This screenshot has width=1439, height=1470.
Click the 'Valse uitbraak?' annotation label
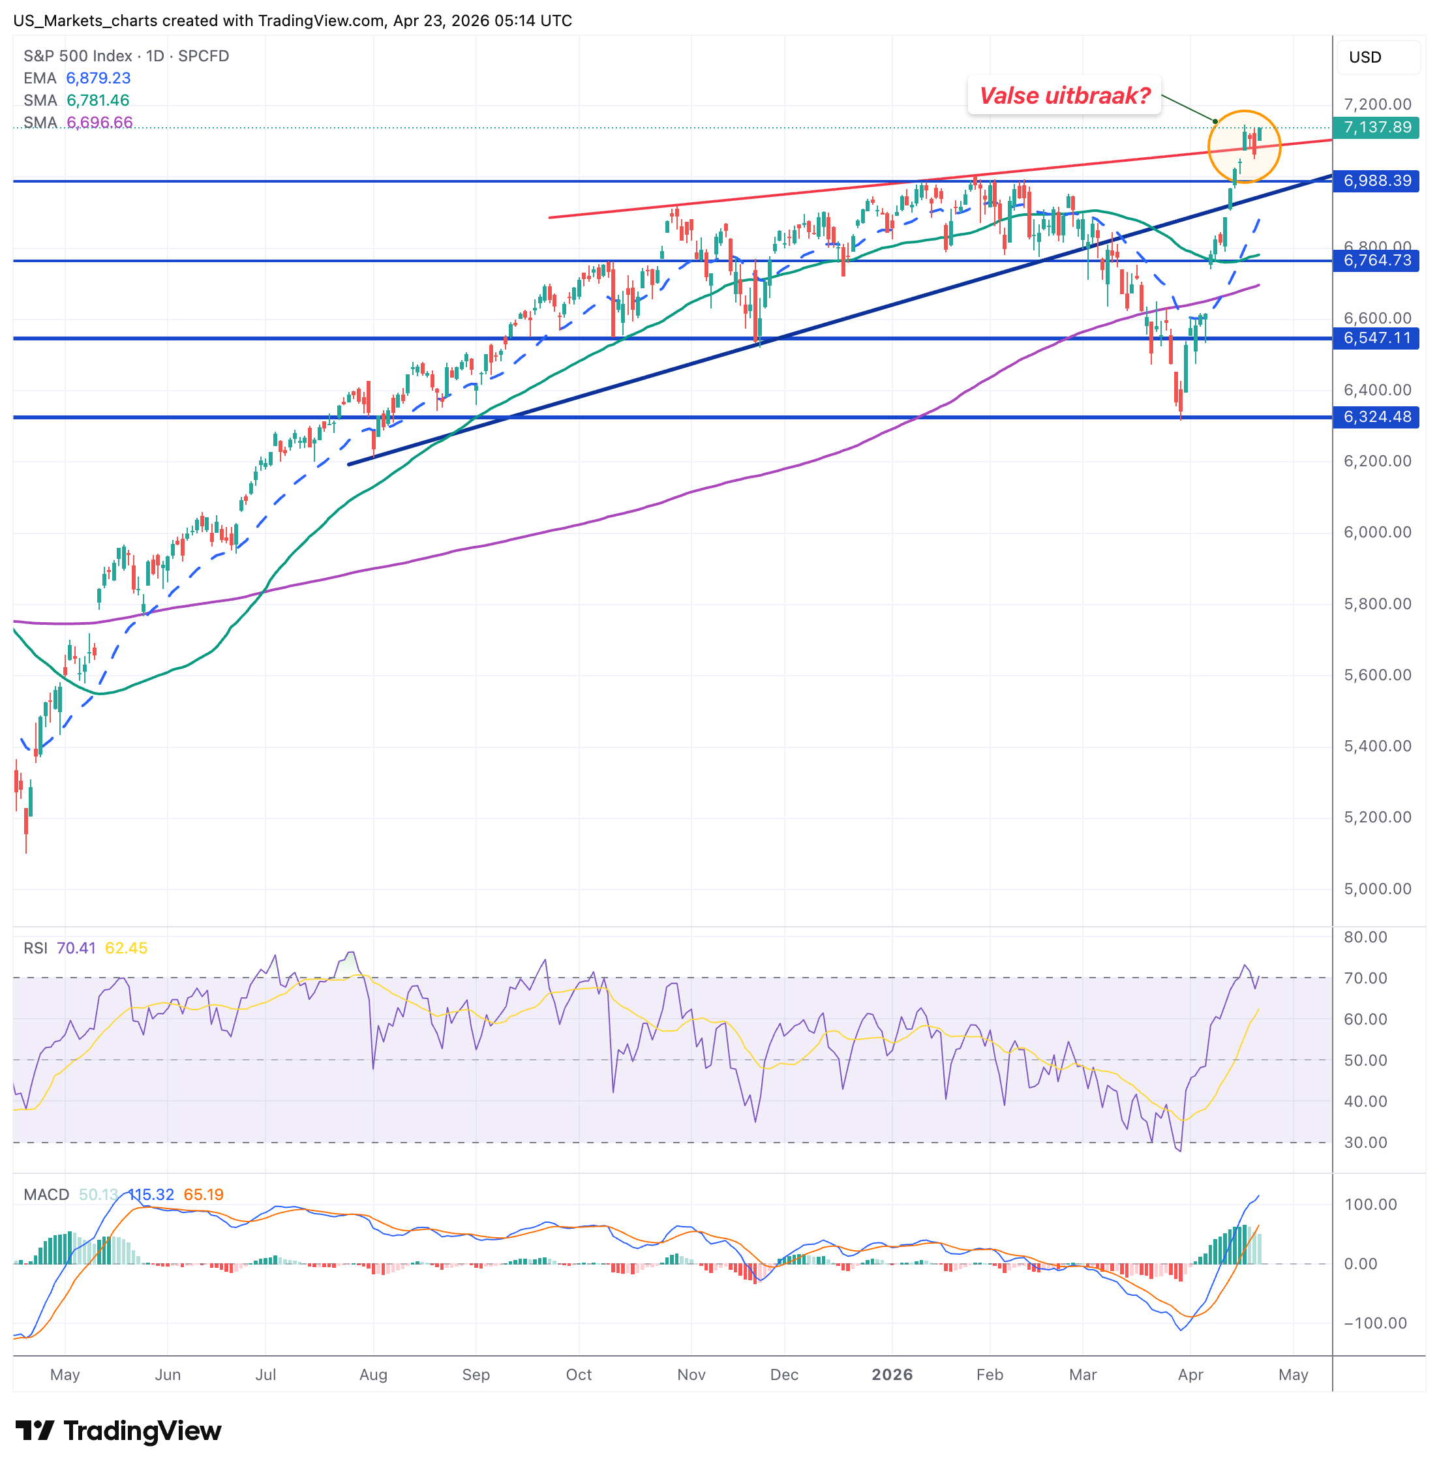tap(1064, 96)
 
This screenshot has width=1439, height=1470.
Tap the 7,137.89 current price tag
tap(1376, 127)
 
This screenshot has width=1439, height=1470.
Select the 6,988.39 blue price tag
tap(1376, 181)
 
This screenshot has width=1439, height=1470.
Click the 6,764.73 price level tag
tap(1376, 261)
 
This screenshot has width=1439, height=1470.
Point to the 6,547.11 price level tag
tap(1376, 338)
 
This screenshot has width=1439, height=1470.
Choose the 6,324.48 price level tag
tap(1376, 417)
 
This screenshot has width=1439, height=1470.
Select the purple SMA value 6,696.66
tap(100, 123)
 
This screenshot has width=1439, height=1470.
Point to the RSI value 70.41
tap(76, 948)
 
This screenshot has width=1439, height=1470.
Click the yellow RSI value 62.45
tap(126, 948)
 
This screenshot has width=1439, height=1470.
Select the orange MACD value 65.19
tap(204, 1194)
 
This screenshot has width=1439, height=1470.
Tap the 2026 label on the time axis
tap(892, 1374)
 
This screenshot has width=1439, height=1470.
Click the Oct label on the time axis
tap(579, 1374)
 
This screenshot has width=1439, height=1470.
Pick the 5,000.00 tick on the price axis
tap(1377, 889)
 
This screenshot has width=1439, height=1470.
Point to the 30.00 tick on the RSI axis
tap(1365, 1142)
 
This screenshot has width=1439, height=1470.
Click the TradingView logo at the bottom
tap(119, 1431)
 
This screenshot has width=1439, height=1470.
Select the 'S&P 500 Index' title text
tap(77, 56)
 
